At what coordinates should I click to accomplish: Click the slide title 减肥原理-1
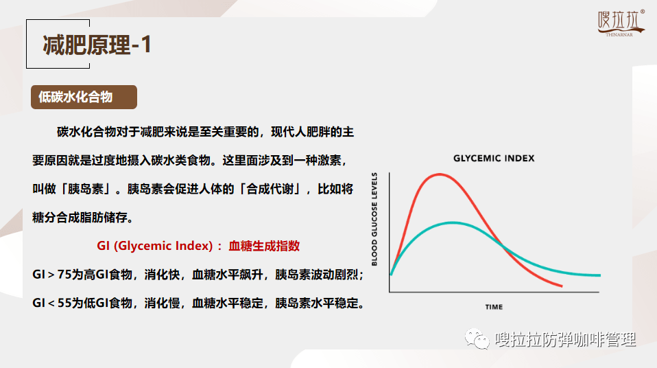click(x=97, y=45)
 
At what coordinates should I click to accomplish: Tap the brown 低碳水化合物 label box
click(x=84, y=97)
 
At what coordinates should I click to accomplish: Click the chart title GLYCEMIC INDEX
click(x=494, y=158)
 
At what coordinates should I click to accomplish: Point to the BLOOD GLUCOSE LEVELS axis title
click(x=374, y=219)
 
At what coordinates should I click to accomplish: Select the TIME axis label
click(x=494, y=307)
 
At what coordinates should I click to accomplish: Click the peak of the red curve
click(x=439, y=174)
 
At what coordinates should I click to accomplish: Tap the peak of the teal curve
click(x=453, y=222)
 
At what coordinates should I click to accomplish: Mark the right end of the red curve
click(x=562, y=286)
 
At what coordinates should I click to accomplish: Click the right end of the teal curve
click(x=600, y=275)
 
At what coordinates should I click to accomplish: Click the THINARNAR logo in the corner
click(x=621, y=23)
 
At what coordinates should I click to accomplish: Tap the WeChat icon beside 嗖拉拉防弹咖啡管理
click(x=477, y=338)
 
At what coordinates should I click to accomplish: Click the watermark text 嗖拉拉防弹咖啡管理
click(x=565, y=339)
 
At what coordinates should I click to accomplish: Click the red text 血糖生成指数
click(x=264, y=246)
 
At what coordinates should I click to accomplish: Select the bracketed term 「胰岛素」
click(x=86, y=189)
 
